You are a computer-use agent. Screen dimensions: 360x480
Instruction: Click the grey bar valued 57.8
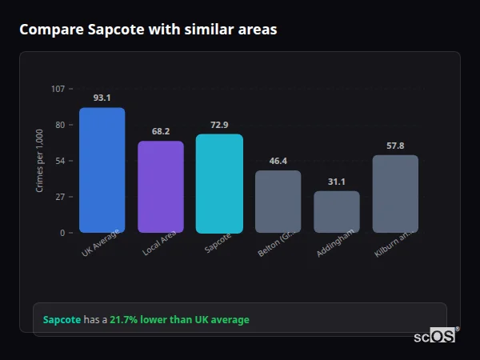tap(395, 194)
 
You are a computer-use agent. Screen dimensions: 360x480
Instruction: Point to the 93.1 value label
tap(102, 98)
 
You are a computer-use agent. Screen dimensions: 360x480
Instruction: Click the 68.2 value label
tap(161, 131)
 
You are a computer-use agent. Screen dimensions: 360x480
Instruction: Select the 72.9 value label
tap(219, 125)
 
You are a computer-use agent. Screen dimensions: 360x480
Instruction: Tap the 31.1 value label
tap(337, 182)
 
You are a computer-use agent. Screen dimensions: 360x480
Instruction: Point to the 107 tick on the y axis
tap(58, 88)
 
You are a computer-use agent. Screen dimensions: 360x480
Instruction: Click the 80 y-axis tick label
tap(59, 125)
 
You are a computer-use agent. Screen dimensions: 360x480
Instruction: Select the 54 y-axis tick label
tap(59, 161)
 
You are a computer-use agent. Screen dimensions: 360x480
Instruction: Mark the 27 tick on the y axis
tap(59, 197)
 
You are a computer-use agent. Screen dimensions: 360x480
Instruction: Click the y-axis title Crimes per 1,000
tap(40, 161)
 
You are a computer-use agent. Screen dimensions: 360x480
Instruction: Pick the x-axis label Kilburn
tap(394, 244)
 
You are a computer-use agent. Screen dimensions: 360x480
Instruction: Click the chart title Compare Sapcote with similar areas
tap(148, 30)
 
